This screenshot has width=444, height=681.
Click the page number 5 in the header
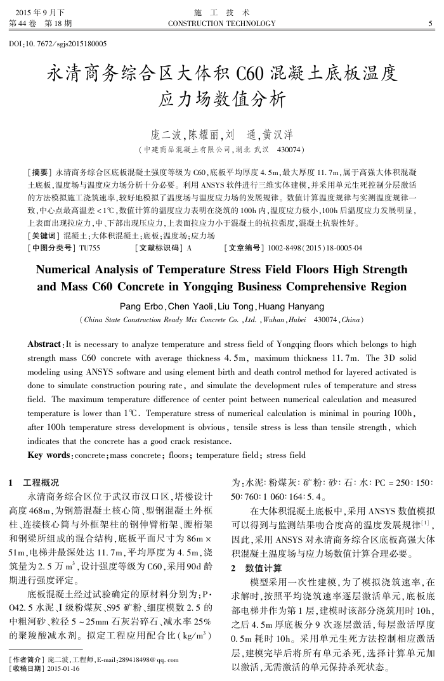(431, 24)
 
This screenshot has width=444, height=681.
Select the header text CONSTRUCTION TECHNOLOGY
(221, 24)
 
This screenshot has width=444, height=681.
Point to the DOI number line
(58, 44)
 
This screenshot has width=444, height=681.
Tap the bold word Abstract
(46, 344)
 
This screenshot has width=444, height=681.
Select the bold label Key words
(49, 455)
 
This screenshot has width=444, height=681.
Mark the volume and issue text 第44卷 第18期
(40, 24)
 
